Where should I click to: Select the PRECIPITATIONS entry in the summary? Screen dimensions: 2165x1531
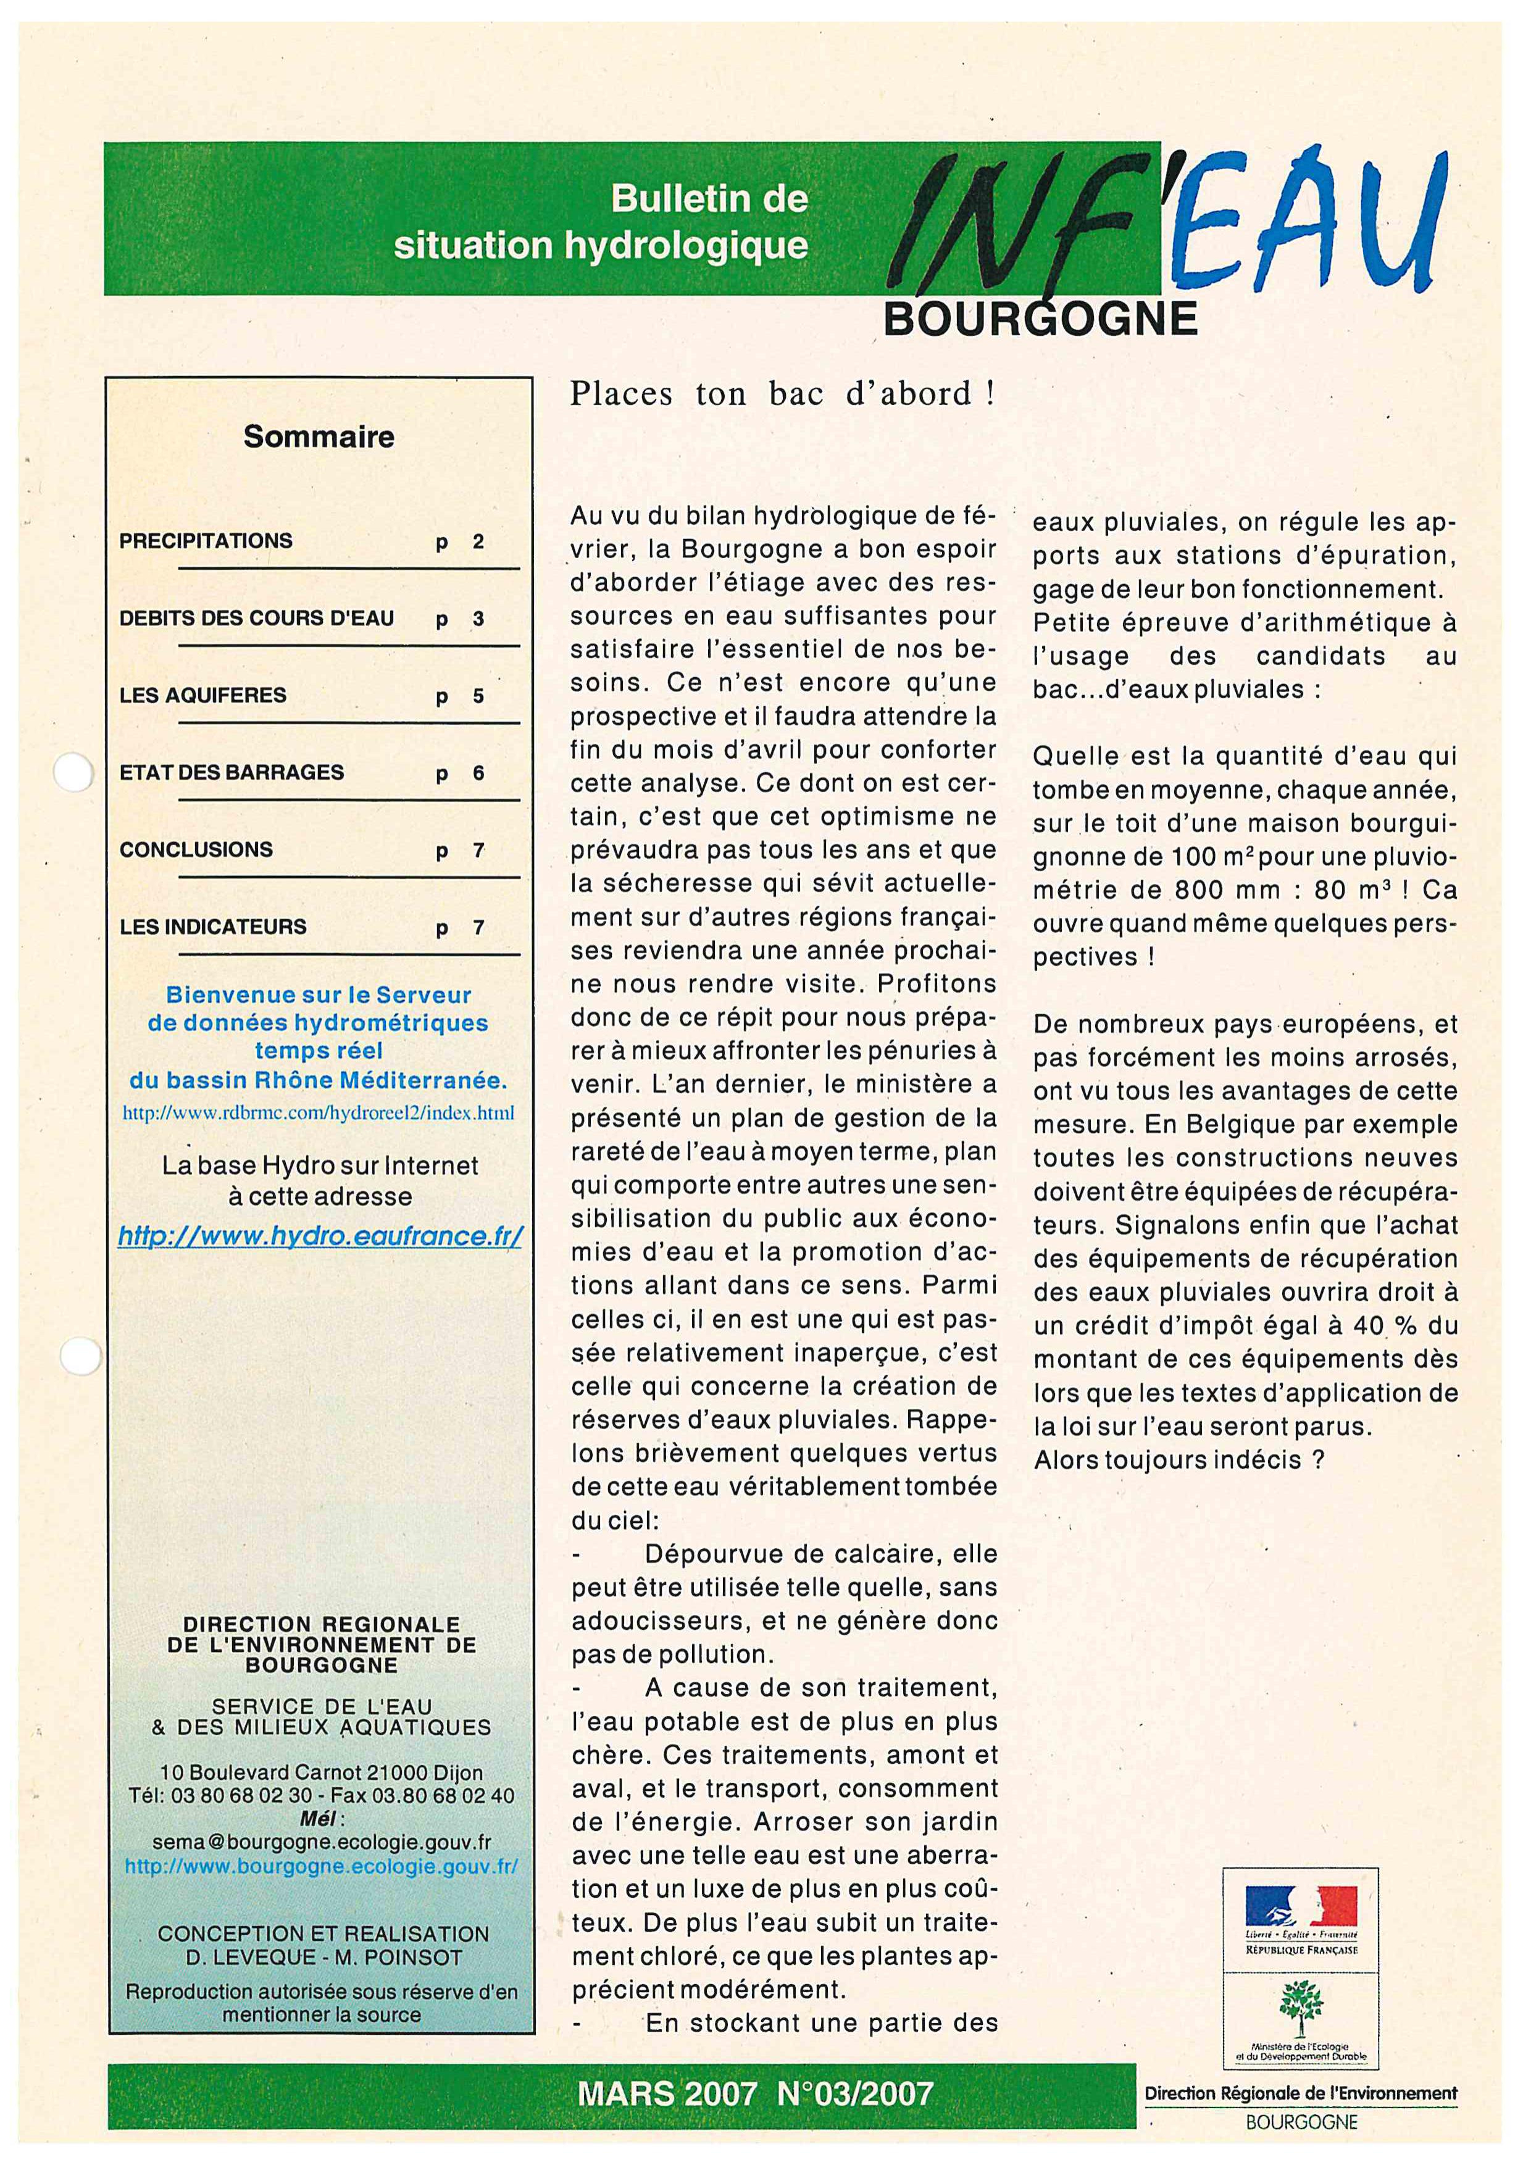pyautogui.click(x=206, y=541)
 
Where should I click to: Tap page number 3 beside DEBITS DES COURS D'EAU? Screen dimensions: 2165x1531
pyautogui.click(x=478, y=620)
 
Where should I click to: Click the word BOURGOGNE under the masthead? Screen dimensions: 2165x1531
pyautogui.click(x=1040, y=320)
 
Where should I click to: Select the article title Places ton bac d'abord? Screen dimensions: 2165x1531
pyautogui.click(x=782, y=394)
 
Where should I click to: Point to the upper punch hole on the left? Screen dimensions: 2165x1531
pyautogui.click(x=73, y=773)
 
